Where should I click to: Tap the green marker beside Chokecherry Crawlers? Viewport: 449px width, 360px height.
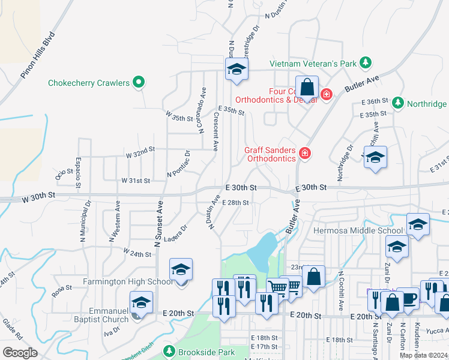point(139,82)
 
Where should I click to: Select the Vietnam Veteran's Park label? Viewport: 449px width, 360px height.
point(312,63)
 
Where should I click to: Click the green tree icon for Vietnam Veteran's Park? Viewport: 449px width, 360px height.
point(364,63)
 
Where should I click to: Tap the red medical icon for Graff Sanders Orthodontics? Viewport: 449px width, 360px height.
point(305,154)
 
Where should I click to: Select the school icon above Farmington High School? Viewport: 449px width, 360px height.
point(181,271)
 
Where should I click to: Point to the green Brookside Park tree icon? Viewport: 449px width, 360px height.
point(169,351)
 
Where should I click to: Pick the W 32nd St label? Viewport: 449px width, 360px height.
point(140,154)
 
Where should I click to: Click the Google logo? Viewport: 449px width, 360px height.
point(20,352)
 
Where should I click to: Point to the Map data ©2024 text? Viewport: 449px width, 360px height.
point(423,355)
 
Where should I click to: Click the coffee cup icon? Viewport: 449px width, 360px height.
point(408,299)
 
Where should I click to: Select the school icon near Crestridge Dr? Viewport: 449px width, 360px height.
point(237,70)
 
